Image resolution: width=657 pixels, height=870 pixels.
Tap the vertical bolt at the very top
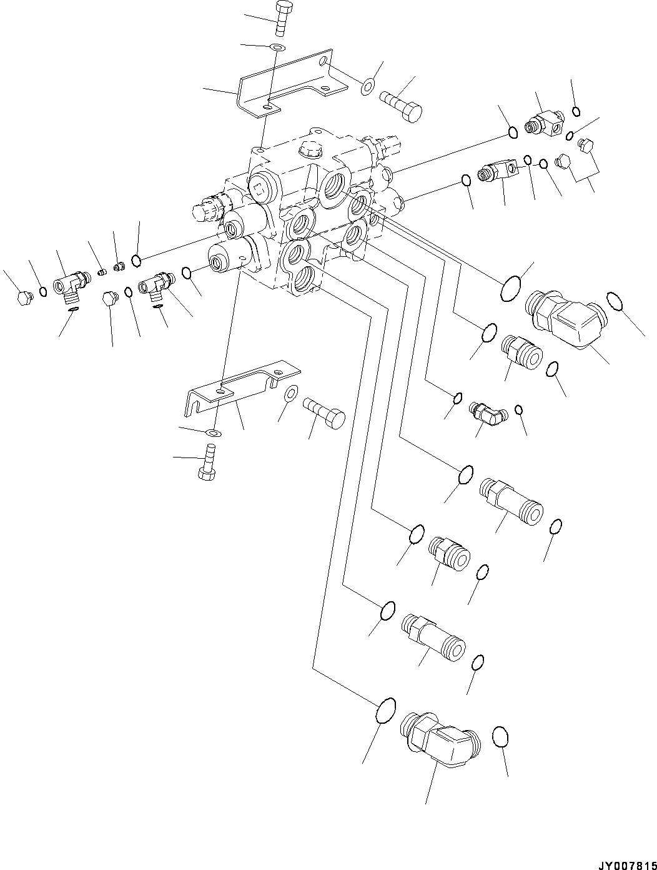(x=281, y=19)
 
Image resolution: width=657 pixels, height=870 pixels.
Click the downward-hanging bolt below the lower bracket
(x=208, y=461)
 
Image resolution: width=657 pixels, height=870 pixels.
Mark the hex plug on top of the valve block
(x=310, y=149)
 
